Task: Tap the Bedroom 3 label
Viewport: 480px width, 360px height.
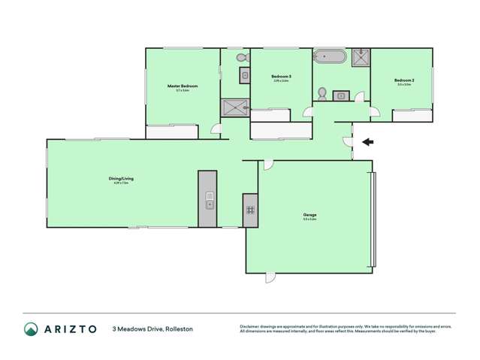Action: tap(281, 76)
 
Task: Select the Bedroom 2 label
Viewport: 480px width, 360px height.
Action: tap(403, 80)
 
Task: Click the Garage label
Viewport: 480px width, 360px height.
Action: tap(309, 214)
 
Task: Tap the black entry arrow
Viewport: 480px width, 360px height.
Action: tap(367, 141)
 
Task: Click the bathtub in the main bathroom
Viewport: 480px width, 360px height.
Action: tap(331, 57)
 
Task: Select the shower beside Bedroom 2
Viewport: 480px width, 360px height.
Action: tap(361, 58)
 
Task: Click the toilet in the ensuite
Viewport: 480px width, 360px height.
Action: tap(240, 58)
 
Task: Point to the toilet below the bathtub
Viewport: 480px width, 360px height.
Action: tap(322, 93)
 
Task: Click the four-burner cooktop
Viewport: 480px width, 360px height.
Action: tap(250, 210)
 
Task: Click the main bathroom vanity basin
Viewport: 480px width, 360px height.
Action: tap(340, 95)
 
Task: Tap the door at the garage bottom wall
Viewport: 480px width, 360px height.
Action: tap(270, 277)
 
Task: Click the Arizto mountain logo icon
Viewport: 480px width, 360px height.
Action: tap(31, 329)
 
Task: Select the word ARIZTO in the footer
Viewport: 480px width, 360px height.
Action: tap(70, 329)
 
